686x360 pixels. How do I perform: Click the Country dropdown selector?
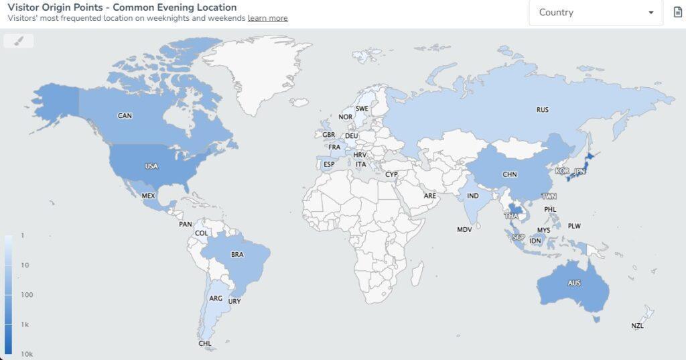pos(596,13)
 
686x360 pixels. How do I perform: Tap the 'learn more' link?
pos(267,18)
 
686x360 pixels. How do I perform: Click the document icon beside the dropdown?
pos(677,13)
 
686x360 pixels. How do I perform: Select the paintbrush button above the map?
pos(19,41)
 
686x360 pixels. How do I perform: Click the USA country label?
pos(151,166)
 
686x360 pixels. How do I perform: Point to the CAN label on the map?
pos(125,116)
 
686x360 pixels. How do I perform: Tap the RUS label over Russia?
pos(543,109)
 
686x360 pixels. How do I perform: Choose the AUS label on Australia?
pos(574,283)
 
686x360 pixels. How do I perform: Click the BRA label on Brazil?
pos(237,255)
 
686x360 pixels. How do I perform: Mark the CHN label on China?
pos(510,174)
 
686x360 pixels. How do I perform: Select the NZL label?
pos(637,326)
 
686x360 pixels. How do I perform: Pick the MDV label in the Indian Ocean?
pos(465,229)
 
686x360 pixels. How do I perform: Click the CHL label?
pos(205,343)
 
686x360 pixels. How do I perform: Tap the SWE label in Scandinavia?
pos(362,109)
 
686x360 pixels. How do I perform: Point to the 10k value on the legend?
pos(27,354)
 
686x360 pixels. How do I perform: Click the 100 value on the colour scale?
pos(27,295)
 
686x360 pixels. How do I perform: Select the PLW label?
pos(574,226)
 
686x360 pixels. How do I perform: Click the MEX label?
pos(148,196)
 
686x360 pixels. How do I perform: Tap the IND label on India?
pos(473,196)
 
